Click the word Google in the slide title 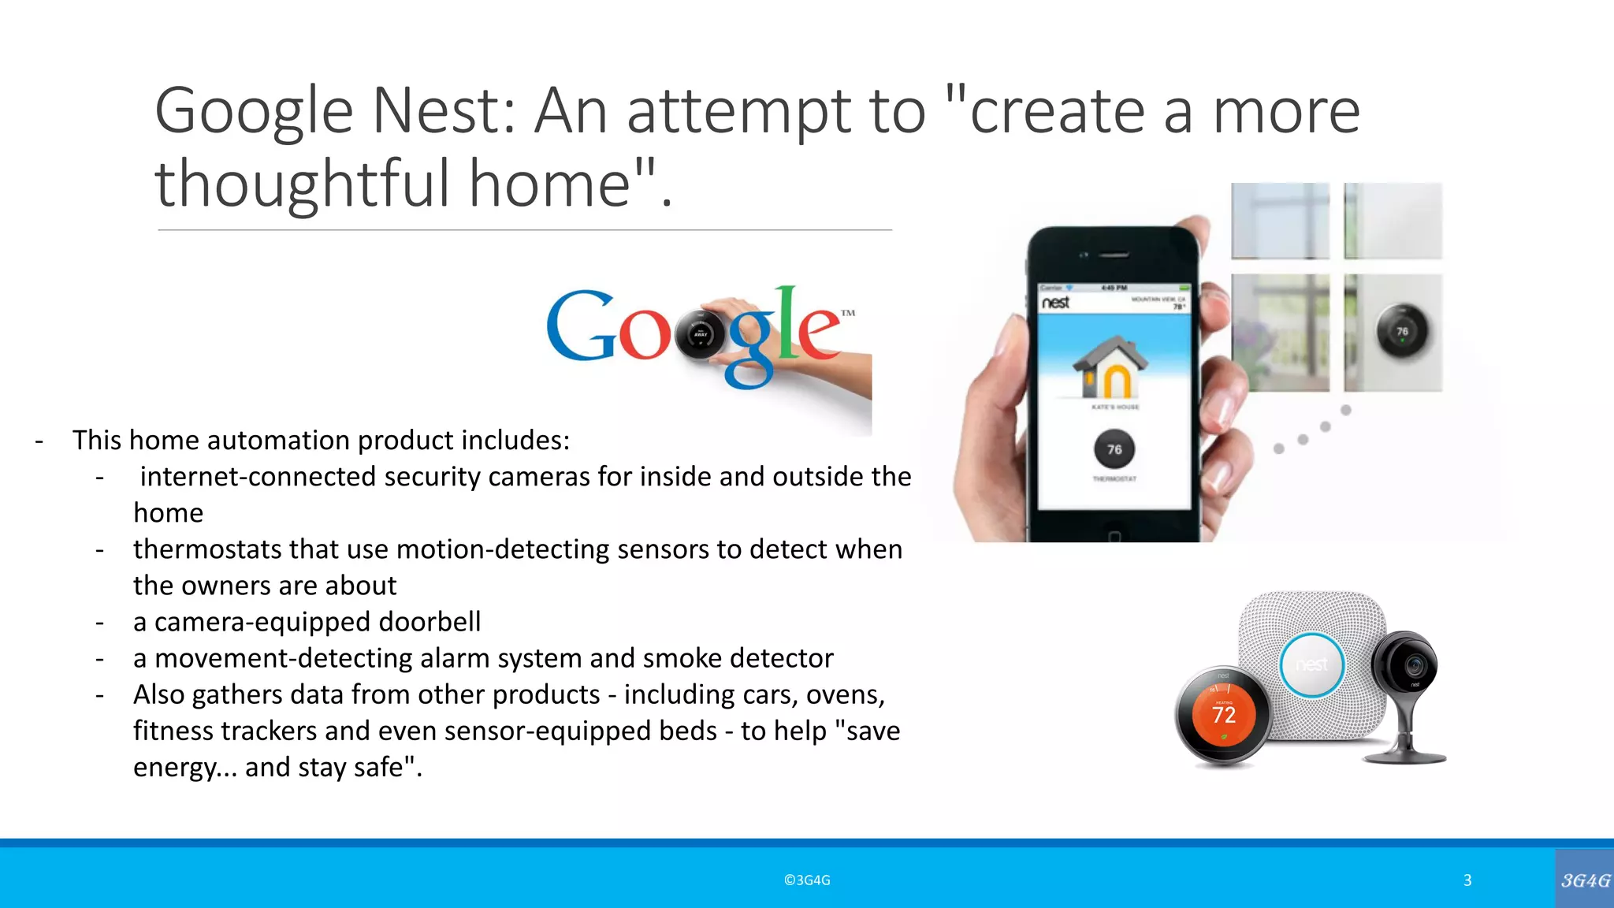tap(254, 112)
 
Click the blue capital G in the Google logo tap(581, 326)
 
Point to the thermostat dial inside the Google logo tap(699, 334)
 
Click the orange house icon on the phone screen tap(1111, 368)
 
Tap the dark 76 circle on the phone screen tap(1114, 449)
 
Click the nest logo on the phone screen tap(1056, 303)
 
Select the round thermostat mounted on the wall tap(1402, 331)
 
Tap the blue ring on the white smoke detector tap(1312, 665)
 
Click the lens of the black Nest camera tap(1415, 666)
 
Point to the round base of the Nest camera tap(1405, 757)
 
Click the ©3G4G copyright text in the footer tap(807, 880)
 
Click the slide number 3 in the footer tap(1467, 880)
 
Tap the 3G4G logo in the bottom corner tap(1585, 880)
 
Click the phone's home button tap(1114, 537)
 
